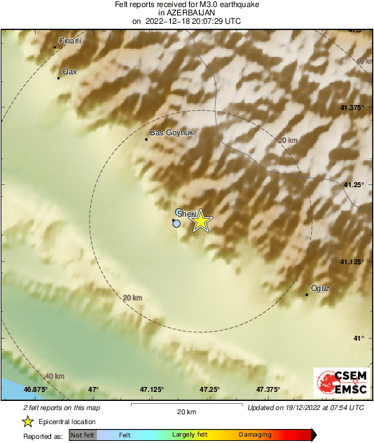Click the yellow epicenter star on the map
pyautogui.click(x=201, y=221)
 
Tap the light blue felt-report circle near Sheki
pyautogui.click(x=176, y=224)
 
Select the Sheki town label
pyautogui.click(x=186, y=212)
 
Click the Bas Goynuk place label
pyautogui.click(x=172, y=132)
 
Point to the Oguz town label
pyautogui.click(x=319, y=288)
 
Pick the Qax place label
pyautogui.click(x=69, y=71)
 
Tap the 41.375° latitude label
pyautogui.click(x=352, y=108)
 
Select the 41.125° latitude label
pyautogui.click(x=352, y=261)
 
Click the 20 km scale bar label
pyautogui.click(x=186, y=411)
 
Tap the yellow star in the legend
pyautogui.click(x=28, y=421)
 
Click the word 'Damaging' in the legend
pyautogui.click(x=255, y=435)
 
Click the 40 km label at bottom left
pyautogui.click(x=54, y=376)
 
